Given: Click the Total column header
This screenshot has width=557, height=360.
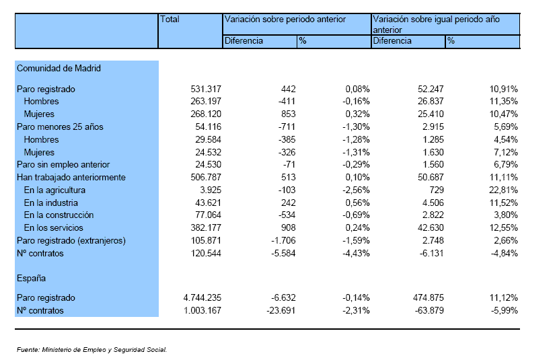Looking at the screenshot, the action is pos(170,20).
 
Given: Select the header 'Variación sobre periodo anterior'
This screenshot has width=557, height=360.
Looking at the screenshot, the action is pos(285,20).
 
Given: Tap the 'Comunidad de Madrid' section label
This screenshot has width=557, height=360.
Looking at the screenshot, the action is pos(59,68).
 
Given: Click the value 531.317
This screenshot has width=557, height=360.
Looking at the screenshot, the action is pos(206,89).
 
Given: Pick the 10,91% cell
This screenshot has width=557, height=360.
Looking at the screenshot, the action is pos(503,89).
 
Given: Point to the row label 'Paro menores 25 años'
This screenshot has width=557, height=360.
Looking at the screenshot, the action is pos(60,127).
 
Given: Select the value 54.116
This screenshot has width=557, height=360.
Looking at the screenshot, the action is pos(208,127).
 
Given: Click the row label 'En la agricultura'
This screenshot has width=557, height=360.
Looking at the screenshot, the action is pos(54,190).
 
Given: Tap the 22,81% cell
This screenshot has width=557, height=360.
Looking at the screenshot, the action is pos(503,190).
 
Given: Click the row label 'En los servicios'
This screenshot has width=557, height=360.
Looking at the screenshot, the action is pos(54,228).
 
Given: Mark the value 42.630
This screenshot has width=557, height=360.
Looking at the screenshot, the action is pos(431,228).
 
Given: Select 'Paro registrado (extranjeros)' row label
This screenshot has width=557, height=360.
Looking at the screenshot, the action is pos(71,241).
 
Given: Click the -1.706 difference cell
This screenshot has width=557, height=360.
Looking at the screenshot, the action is pos(283,241).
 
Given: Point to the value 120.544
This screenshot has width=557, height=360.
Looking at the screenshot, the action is pos(206,254).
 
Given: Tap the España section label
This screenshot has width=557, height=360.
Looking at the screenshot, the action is pos(31,279).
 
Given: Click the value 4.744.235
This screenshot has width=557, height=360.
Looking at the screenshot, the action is pos(202,298).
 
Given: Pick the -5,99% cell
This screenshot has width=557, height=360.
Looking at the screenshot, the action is pos(505,311).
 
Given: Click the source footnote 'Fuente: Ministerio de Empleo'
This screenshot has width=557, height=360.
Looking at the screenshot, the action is pos(91,350).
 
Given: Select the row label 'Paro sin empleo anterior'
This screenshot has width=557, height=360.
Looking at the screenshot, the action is pos(63,165).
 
